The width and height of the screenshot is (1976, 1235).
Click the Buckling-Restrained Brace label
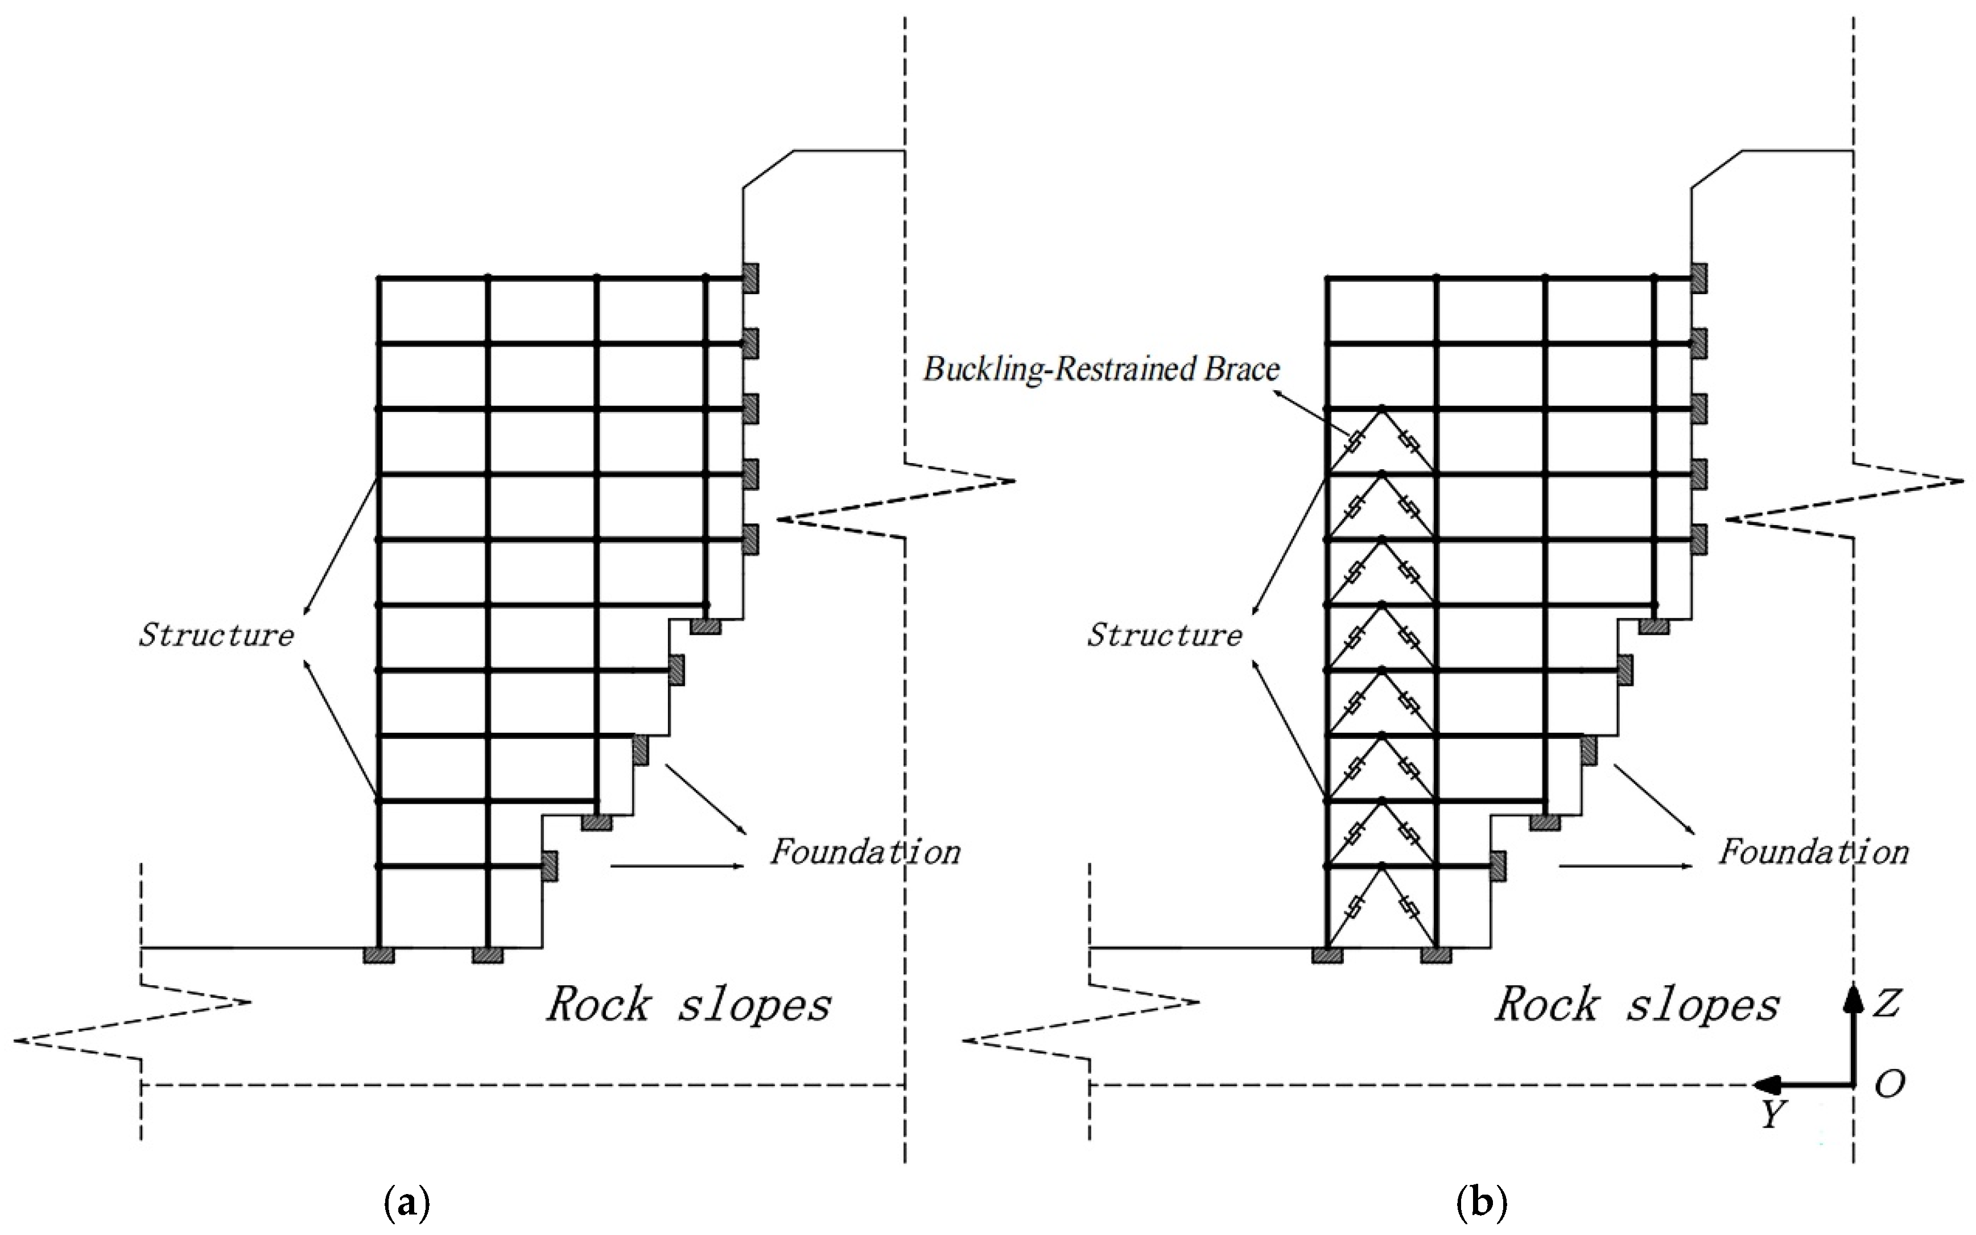[x=1101, y=369]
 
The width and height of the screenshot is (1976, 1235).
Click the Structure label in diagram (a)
[x=216, y=635]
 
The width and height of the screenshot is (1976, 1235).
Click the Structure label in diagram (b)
[x=1165, y=635]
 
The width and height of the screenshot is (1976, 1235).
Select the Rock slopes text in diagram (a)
[x=688, y=1004]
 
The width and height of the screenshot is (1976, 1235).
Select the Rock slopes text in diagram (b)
[x=1637, y=1004]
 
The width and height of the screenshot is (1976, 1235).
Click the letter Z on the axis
[x=1887, y=1003]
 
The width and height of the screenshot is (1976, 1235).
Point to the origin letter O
[x=1890, y=1085]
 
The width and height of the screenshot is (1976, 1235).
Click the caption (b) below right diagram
[x=1481, y=1203]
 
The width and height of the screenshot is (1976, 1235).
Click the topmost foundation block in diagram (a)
[x=750, y=278]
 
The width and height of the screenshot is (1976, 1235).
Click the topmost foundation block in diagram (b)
[x=1698, y=278]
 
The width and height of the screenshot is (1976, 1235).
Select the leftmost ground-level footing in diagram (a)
[x=379, y=954]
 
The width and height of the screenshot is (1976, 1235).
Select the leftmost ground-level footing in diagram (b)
[x=1327, y=954]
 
